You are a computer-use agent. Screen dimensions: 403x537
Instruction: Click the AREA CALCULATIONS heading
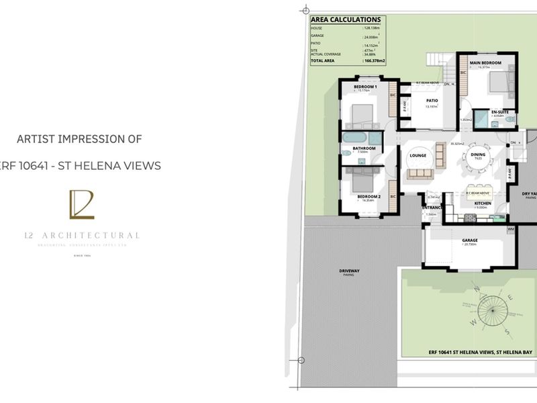click(346, 20)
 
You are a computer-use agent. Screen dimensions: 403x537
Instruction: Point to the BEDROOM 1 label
click(366, 87)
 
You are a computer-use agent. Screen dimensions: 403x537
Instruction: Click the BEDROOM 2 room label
click(370, 196)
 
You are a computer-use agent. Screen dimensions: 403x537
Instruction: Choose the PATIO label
click(432, 100)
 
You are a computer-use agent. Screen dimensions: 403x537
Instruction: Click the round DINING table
click(477, 158)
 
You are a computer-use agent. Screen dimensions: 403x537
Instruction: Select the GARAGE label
click(469, 240)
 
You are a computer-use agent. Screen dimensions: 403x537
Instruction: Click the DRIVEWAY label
click(349, 271)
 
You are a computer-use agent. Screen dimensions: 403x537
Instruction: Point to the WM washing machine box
click(511, 230)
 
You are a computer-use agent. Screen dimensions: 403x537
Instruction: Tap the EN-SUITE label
click(498, 111)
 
